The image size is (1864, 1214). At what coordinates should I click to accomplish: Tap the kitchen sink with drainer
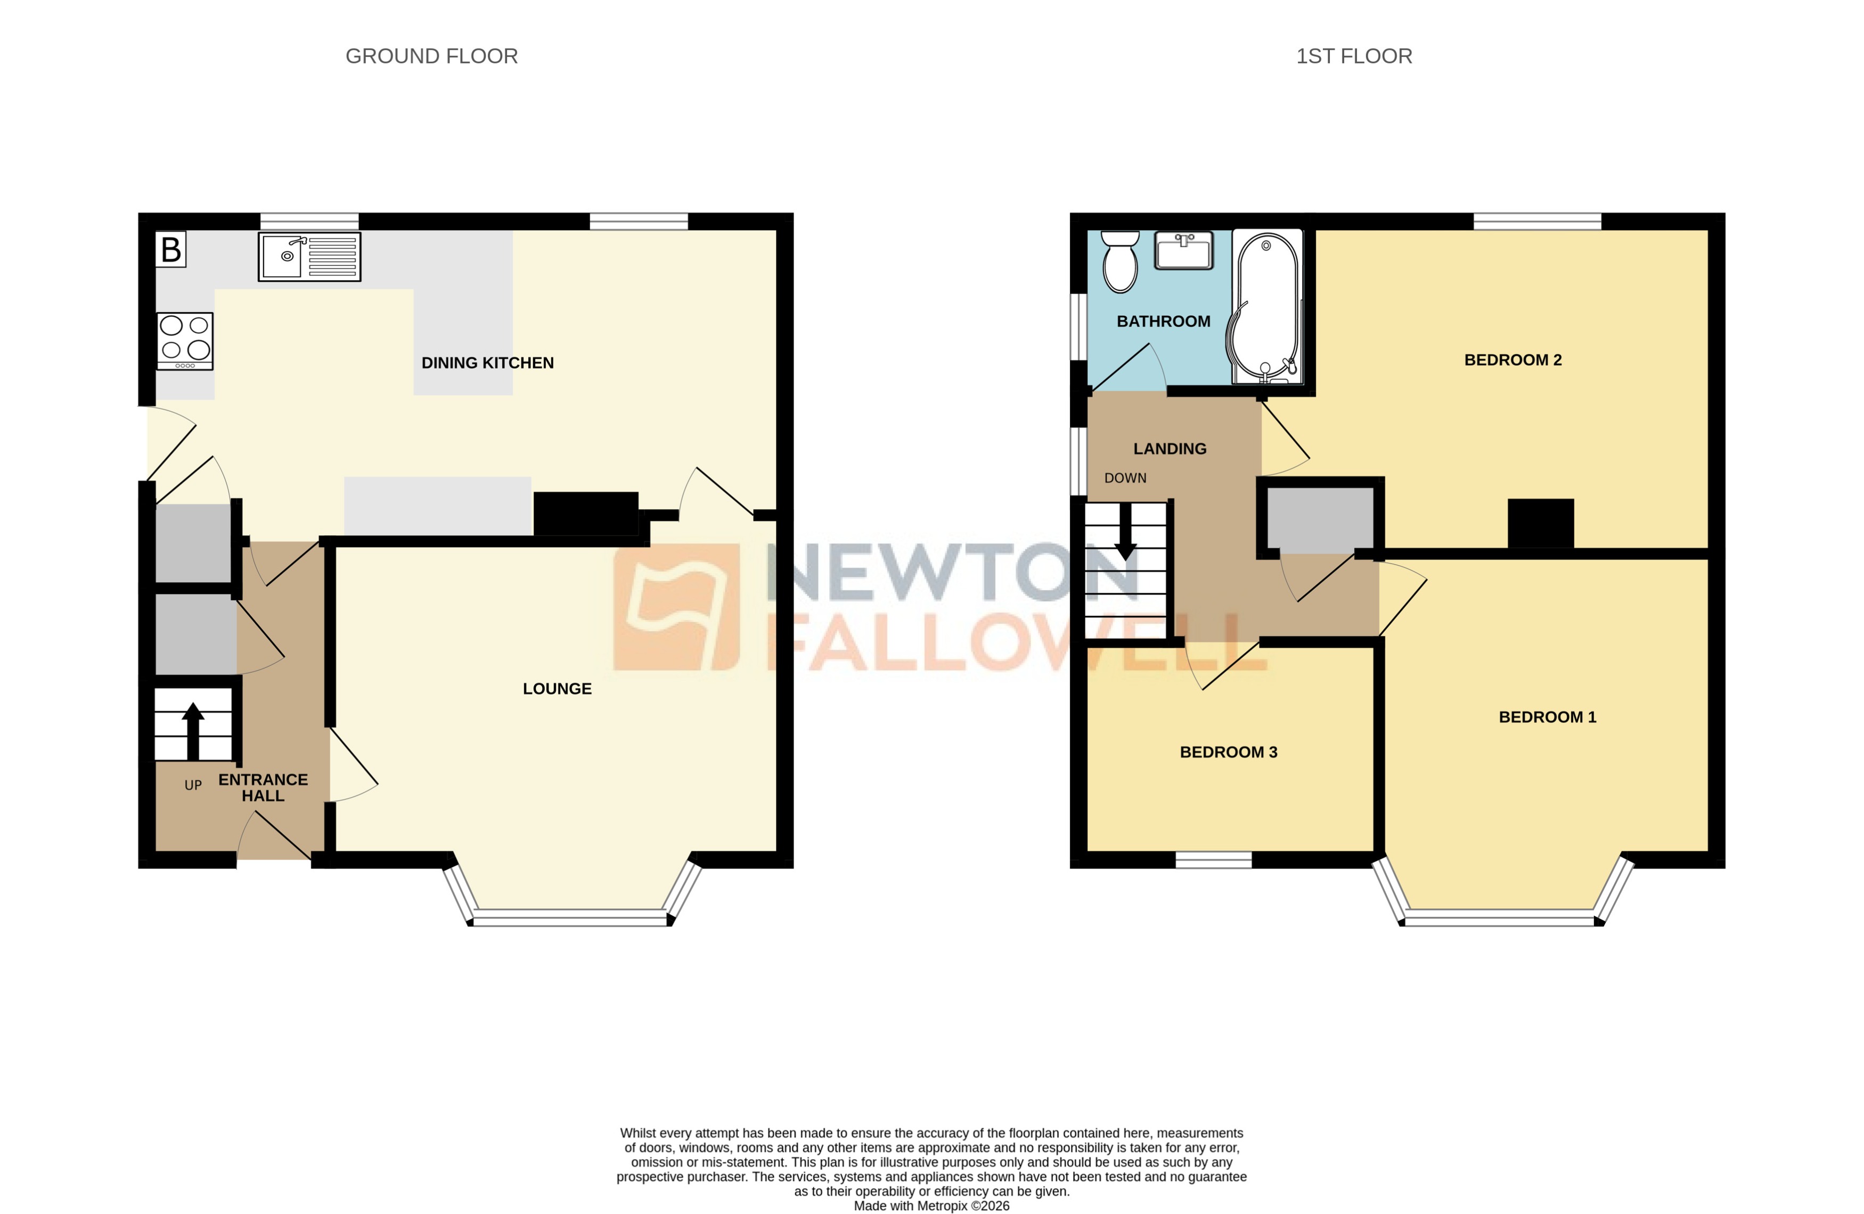(x=309, y=256)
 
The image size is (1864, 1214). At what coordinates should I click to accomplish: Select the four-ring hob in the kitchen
(x=185, y=341)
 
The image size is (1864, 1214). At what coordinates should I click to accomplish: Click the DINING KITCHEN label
(x=487, y=363)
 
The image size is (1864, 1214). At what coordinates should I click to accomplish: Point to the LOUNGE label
(x=557, y=688)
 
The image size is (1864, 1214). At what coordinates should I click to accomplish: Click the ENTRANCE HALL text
(x=263, y=787)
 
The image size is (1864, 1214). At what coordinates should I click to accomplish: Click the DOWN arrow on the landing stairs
(x=1125, y=533)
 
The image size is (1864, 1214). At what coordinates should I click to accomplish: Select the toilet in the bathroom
(x=1120, y=263)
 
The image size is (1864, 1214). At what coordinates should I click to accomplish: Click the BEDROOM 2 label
(x=1513, y=360)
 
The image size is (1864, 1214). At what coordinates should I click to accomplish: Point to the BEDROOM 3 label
(x=1228, y=752)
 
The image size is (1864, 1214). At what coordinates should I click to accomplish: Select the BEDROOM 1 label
(x=1547, y=716)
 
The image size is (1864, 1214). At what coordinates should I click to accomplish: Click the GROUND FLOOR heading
(x=431, y=56)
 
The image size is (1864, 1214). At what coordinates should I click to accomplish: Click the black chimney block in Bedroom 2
(x=1541, y=523)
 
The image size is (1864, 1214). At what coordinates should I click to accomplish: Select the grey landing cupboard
(x=1320, y=519)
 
